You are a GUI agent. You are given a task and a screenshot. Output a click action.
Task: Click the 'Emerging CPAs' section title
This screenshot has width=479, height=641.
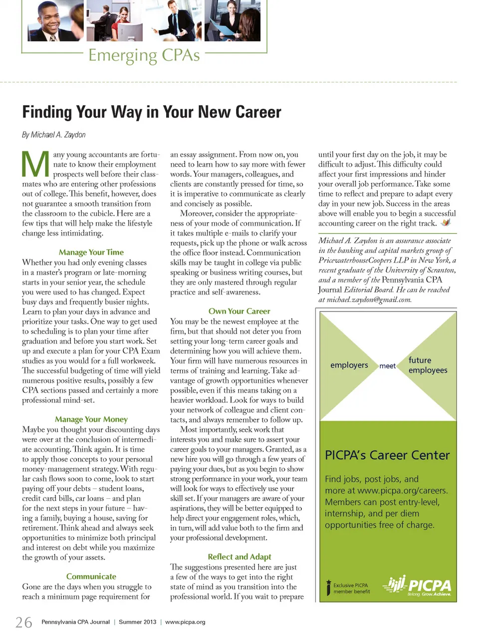[x=144, y=55]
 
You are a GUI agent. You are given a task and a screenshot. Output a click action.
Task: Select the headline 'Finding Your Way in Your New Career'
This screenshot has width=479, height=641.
[x=152, y=112]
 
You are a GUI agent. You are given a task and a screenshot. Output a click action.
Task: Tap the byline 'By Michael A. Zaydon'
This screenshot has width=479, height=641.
[x=54, y=135]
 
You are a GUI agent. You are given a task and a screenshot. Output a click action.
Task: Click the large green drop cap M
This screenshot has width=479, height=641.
[x=35, y=164]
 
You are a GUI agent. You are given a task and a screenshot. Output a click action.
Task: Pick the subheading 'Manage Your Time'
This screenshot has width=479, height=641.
[x=91, y=252]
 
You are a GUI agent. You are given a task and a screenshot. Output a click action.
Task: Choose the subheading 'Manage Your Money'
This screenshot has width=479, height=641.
[x=91, y=419]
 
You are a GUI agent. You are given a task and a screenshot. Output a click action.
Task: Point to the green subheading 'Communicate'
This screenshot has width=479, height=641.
[x=91, y=576]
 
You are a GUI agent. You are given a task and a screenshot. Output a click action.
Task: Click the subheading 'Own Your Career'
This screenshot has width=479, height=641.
[x=239, y=311]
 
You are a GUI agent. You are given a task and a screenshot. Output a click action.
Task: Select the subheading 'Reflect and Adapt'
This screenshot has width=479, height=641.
[x=239, y=557]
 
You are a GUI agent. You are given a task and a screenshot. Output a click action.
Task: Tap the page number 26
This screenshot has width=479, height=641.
[x=23, y=623]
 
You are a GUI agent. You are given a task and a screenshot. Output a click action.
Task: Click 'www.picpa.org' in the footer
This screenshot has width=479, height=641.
[x=185, y=622]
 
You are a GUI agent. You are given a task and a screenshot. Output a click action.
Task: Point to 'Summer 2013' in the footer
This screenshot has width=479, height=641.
[x=137, y=622]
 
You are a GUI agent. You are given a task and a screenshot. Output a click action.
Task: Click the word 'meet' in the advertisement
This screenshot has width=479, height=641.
[x=387, y=366]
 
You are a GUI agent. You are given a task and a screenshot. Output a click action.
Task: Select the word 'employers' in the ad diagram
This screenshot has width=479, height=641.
[x=349, y=365]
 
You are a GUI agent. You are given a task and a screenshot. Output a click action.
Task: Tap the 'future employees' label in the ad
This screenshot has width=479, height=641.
[x=428, y=365]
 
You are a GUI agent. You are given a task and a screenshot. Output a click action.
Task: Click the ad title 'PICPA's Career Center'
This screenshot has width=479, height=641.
[x=387, y=455]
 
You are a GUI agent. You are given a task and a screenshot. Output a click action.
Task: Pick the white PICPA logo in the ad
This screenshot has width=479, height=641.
[x=418, y=585]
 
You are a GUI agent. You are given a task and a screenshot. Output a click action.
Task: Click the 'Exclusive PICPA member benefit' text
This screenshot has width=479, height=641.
[x=351, y=588]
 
